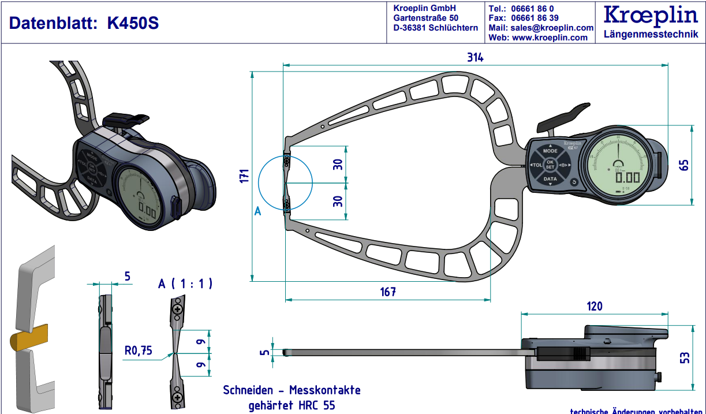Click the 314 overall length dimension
(475, 58)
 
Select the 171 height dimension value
(244, 176)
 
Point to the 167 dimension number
(388, 292)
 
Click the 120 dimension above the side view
(595, 306)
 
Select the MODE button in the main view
(550, 150)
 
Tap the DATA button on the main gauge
(550, 179)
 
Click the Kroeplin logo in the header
(651, 16)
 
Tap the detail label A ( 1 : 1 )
(185, 284)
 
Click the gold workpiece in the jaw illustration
(28, 337)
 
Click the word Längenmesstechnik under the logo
(651, 35)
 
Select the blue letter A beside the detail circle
(257, 211)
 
